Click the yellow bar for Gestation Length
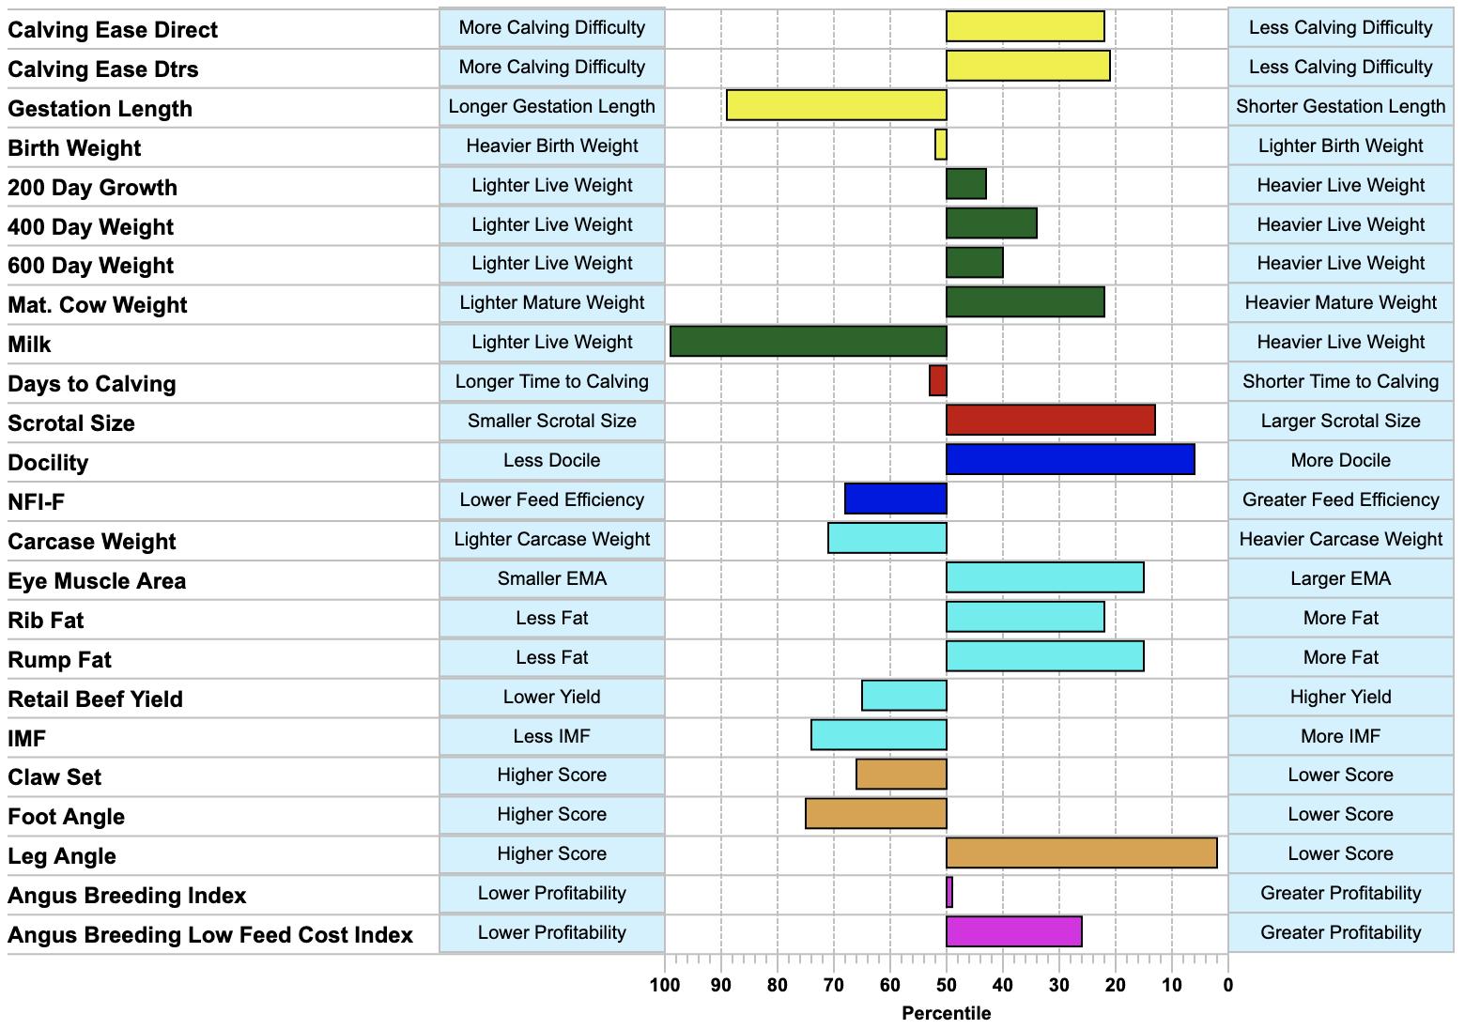(837, 105)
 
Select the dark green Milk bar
(809, 341)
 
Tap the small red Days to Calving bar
(938, 380)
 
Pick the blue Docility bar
(1071, 459)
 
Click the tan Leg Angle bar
(1082, 852)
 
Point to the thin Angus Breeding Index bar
(949, 892)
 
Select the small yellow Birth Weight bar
(941, 145)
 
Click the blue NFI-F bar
(895, 499)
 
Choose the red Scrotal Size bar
(1051, 420)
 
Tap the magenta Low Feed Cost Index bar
(1013, 931)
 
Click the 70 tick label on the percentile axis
(833, 985)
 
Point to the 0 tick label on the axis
(1227, 985)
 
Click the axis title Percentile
(947, 1013)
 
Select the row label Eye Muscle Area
(97, 580)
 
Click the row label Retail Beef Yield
(96, 699)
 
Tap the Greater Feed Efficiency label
(1341, 499)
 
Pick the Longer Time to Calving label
(552, 381)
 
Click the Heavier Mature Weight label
(1341, 302)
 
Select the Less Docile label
(552, 460)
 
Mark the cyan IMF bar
(878, 734)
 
